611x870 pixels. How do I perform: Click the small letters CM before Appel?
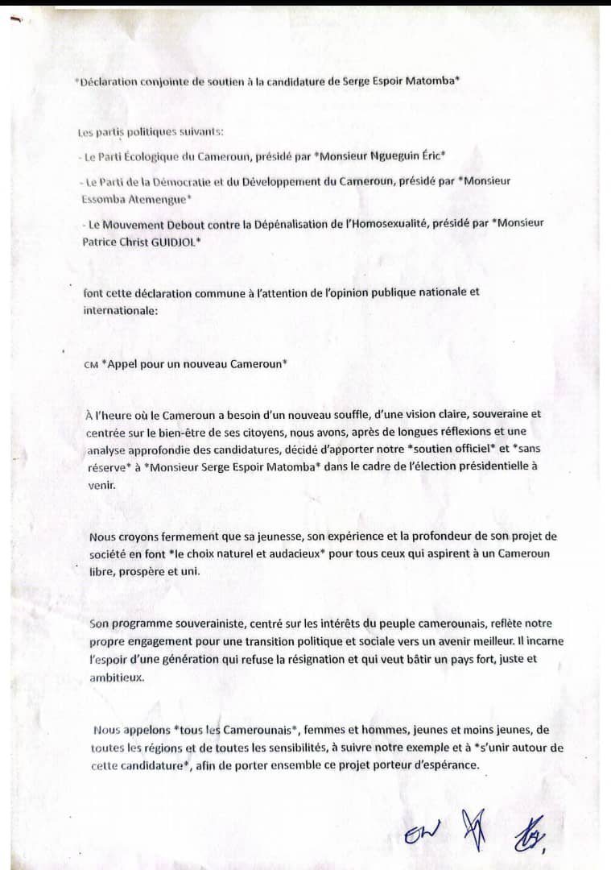(90, 364)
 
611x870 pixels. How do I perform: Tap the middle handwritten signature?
(473, 830)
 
